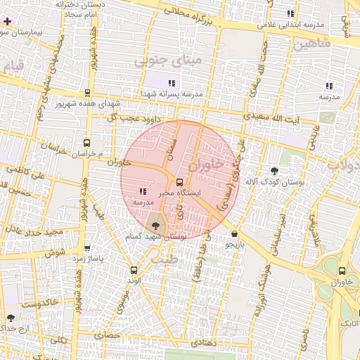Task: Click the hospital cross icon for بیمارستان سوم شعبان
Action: click(x=7, y=22)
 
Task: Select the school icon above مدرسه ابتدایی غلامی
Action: click(x=290, y=13)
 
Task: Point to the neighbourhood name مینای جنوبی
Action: click(x=167, y=63)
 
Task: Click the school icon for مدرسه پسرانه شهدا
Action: click(x=172, y=83)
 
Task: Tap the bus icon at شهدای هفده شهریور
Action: click(x=87, y=93)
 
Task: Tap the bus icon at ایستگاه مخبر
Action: click(x=179, y=181)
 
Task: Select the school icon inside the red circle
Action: click(x=143, y=191)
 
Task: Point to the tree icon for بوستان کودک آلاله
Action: click(x=274, y=172)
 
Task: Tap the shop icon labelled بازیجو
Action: click(x=233, y=234)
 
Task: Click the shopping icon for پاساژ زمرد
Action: click(x=87, y=248)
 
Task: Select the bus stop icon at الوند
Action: click(x=134, y=269)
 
